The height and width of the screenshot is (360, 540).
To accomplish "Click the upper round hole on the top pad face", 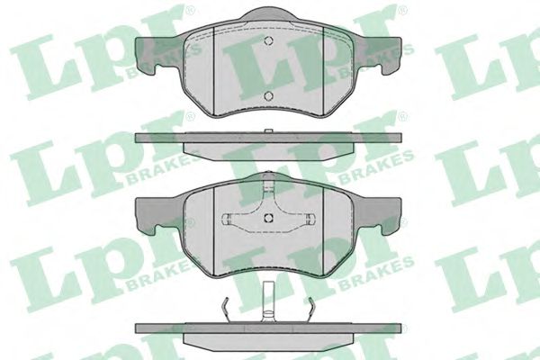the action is pyautogui.click(x=268, y=40).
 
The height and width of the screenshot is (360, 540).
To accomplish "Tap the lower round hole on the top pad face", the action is pyautogui.click(x=268, y=95).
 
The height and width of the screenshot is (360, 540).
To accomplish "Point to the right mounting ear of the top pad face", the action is pyautogui.click(x=382, y=51).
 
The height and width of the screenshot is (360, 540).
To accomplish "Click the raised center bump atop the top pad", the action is pyautogui.click(x=268, y=14).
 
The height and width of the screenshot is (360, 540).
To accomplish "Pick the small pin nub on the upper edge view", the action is pyautogui.click(x=268, y=130).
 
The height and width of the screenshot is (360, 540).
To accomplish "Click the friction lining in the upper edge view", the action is pyautogui.click(x=268, y=150).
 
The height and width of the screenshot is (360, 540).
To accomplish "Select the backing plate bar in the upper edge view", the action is pyautogui.click(x=268, y=138).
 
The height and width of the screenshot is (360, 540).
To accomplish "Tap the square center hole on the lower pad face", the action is pyautogui.click(x=268, y=218).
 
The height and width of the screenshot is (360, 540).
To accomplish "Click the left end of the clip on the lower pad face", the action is pyautogui.click(x=228, y=219).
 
